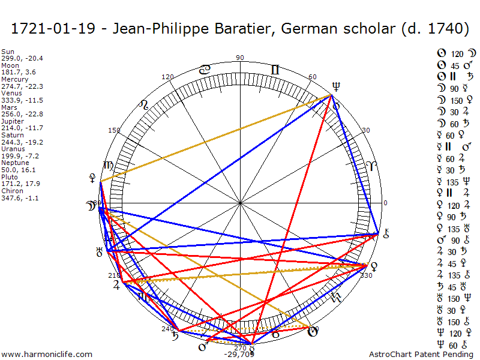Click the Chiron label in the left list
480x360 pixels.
click(11, 190)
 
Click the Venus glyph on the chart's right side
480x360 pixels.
click(374, 265)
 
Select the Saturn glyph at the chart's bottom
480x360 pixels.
click(175, 336)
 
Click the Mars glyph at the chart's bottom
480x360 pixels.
click(203, 347)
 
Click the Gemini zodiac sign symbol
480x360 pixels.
click(275, 70)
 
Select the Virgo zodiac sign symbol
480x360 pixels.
click(109, 166)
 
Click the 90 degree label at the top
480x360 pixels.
click(240, 58)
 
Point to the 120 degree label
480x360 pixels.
click(167, 77)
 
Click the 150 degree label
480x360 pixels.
click(114, 130)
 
